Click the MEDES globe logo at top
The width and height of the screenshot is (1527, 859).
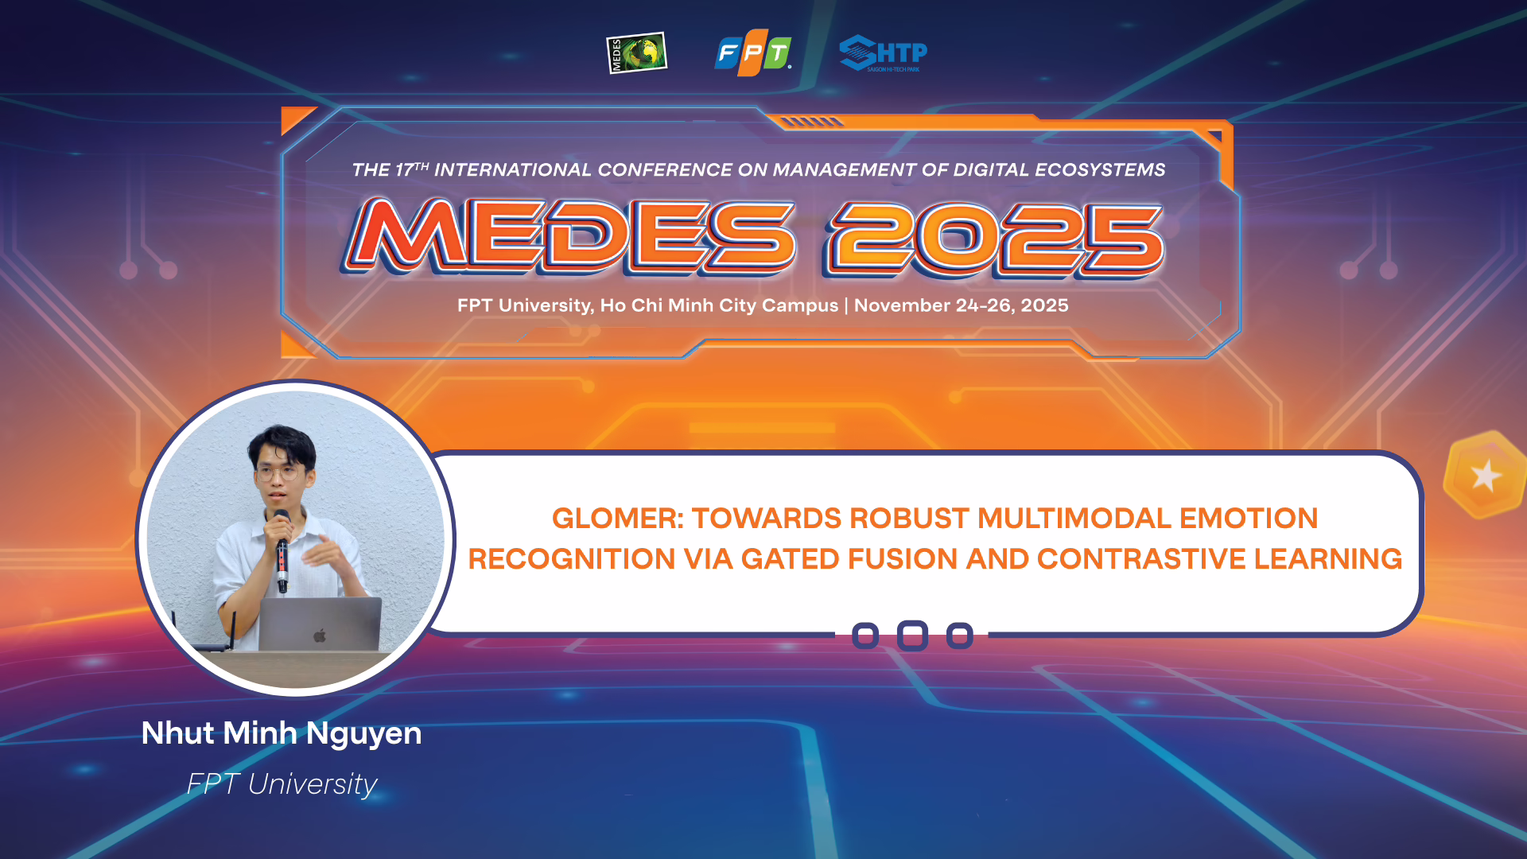click(x=636, y=53)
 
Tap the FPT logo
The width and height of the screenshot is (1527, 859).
click(x=752, y=53)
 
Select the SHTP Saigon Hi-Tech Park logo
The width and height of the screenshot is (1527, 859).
click(x=883, y=54)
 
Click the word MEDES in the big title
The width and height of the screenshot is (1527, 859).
click(x=569, y=236)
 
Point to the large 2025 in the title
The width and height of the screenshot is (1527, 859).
click(x=994, y=238)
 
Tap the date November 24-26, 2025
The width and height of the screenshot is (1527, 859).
click(x=961, y=305)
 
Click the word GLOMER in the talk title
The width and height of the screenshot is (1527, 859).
click(x=616, y=519)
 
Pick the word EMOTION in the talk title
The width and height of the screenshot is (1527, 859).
click(x=1248, y=519)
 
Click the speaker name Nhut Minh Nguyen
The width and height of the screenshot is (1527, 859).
click(x=282, y=733)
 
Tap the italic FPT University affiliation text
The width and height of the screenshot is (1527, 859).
click(x=282, y=784)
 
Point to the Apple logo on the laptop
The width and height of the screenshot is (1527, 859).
click(x=320, y=636)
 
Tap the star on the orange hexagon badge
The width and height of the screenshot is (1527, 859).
click(x=1485, y=476)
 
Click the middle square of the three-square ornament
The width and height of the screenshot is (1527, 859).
click(x=912, y=636)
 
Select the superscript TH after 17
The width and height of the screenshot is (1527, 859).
click(x=422, y=166)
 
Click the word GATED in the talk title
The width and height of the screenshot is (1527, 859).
click(x=790, y=559)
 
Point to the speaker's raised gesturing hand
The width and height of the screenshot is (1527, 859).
click(x=326, y=550)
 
